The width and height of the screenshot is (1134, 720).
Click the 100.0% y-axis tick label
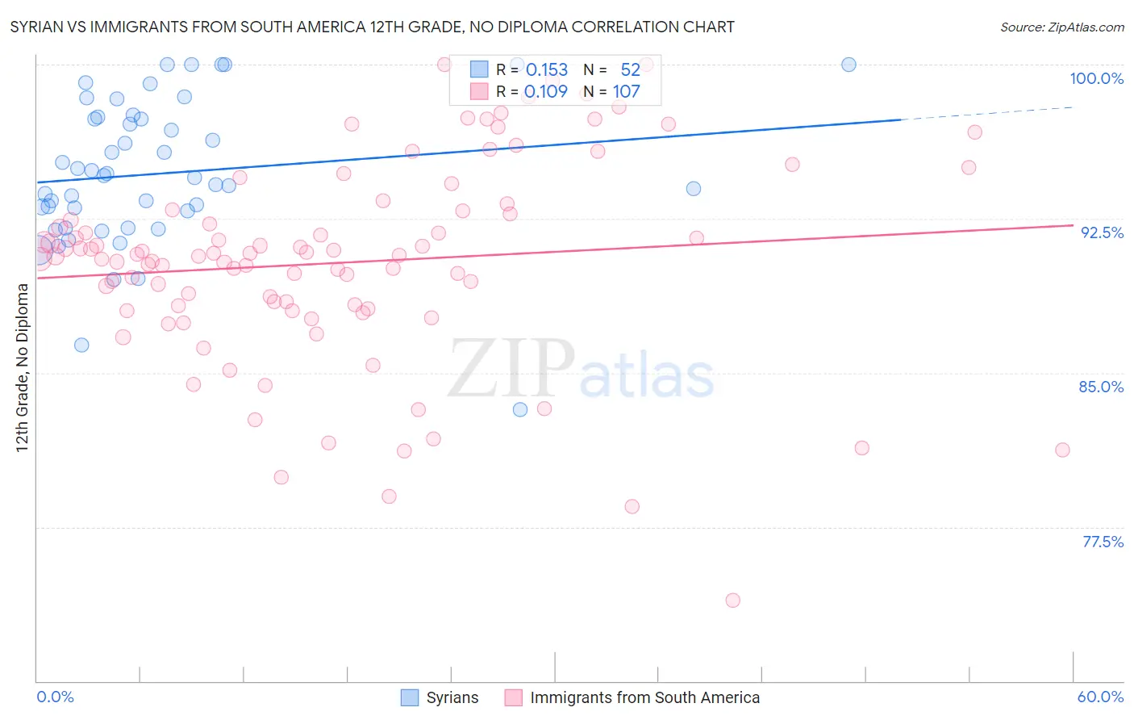(1096, 78)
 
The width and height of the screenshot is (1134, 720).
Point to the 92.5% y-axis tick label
(1102, 232)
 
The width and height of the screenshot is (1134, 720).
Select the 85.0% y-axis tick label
(1101, 387)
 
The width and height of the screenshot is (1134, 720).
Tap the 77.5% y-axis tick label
(1103, 542)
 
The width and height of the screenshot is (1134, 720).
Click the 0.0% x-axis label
(55, 697)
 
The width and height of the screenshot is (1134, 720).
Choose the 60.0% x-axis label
(1100, 697)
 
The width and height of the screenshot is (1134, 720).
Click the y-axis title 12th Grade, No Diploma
(23, 367)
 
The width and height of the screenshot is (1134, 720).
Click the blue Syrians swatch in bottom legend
(410, 697)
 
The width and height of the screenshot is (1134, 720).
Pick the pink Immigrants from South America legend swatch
(513, 697)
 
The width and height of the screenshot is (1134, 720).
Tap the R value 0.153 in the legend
(547, 70)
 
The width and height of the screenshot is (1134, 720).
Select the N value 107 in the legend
(626, 92)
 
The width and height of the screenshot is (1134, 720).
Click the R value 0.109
(547, 92)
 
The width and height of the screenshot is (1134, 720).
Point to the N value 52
(630, 70)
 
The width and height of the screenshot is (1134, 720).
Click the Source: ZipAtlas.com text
(1061, 27)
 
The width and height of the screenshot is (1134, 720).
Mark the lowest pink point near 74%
(732, 600)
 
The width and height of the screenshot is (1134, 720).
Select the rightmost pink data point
(1062, 450)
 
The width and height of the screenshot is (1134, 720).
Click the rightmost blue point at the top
(848, 65)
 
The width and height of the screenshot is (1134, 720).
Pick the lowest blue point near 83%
(520, 409)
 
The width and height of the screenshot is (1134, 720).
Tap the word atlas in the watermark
(647, 374)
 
